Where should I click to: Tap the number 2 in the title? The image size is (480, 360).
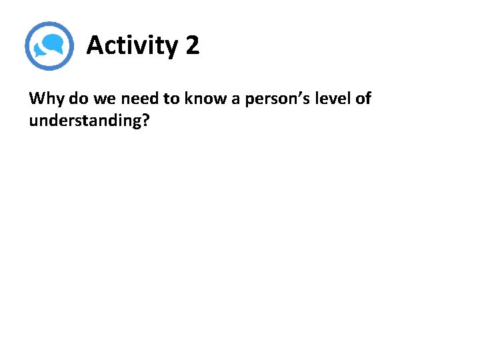[192, 46]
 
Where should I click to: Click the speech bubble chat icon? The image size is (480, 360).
[49, 46]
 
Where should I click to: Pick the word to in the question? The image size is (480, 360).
[170, 99]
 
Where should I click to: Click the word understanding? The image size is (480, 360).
[84, 121]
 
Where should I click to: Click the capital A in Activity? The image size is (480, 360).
[96, 46]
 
